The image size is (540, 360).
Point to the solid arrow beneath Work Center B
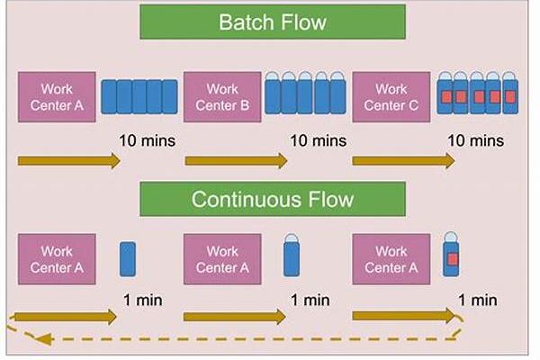[x=236, y=161]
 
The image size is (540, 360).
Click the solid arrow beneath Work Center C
[x=403, y=161]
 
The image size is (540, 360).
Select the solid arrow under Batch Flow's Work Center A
[x=68, y=161]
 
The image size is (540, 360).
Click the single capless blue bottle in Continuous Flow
[x=127, y=258]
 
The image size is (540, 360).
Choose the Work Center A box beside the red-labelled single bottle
[x=391, y=259]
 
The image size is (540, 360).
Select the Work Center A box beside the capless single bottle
[x=56, y=259]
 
